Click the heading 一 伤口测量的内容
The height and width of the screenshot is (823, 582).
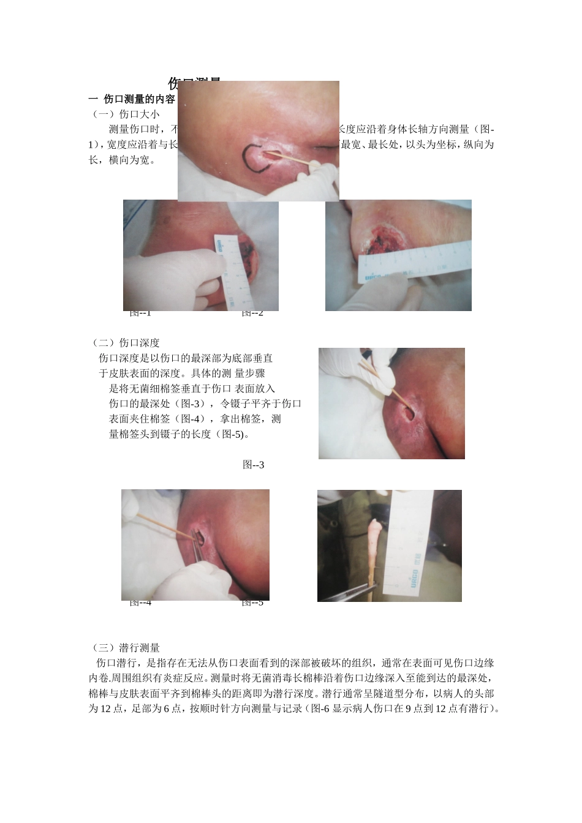(132, 99)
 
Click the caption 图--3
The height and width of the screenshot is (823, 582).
(253, 465)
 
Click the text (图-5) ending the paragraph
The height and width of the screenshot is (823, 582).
(235, 435)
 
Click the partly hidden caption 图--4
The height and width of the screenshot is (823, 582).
(140, 603)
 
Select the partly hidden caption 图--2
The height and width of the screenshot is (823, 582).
(252, 314)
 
